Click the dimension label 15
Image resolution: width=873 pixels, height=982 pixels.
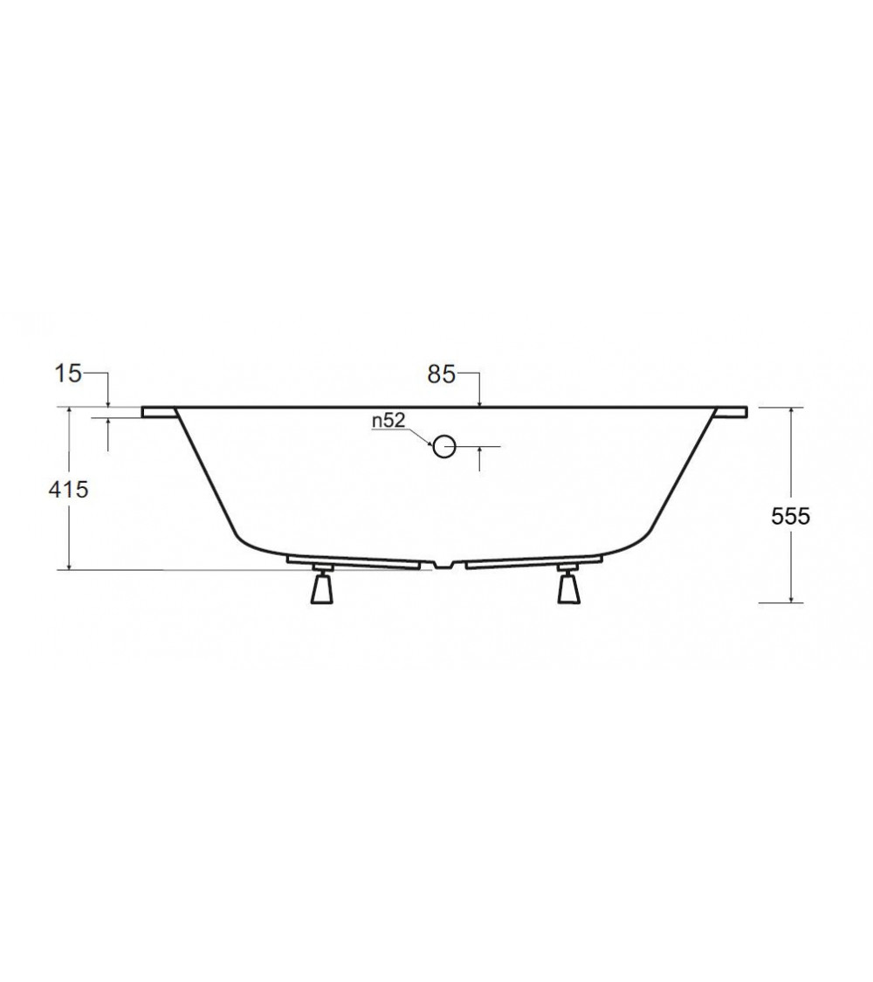click(68, 374)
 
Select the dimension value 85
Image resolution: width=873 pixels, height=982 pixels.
click(441, 374)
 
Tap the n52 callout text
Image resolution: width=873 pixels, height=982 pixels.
click(388, 421)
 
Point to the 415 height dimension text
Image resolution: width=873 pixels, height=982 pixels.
click(68, 490)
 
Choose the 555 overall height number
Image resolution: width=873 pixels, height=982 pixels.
click(791, 516)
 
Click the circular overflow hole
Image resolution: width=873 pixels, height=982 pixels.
click(444, 446)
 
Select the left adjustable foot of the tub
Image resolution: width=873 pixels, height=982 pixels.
click(321, 587)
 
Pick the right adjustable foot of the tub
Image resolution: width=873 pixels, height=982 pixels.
click(569, 587)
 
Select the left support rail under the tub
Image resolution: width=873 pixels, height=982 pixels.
click(358, 561)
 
